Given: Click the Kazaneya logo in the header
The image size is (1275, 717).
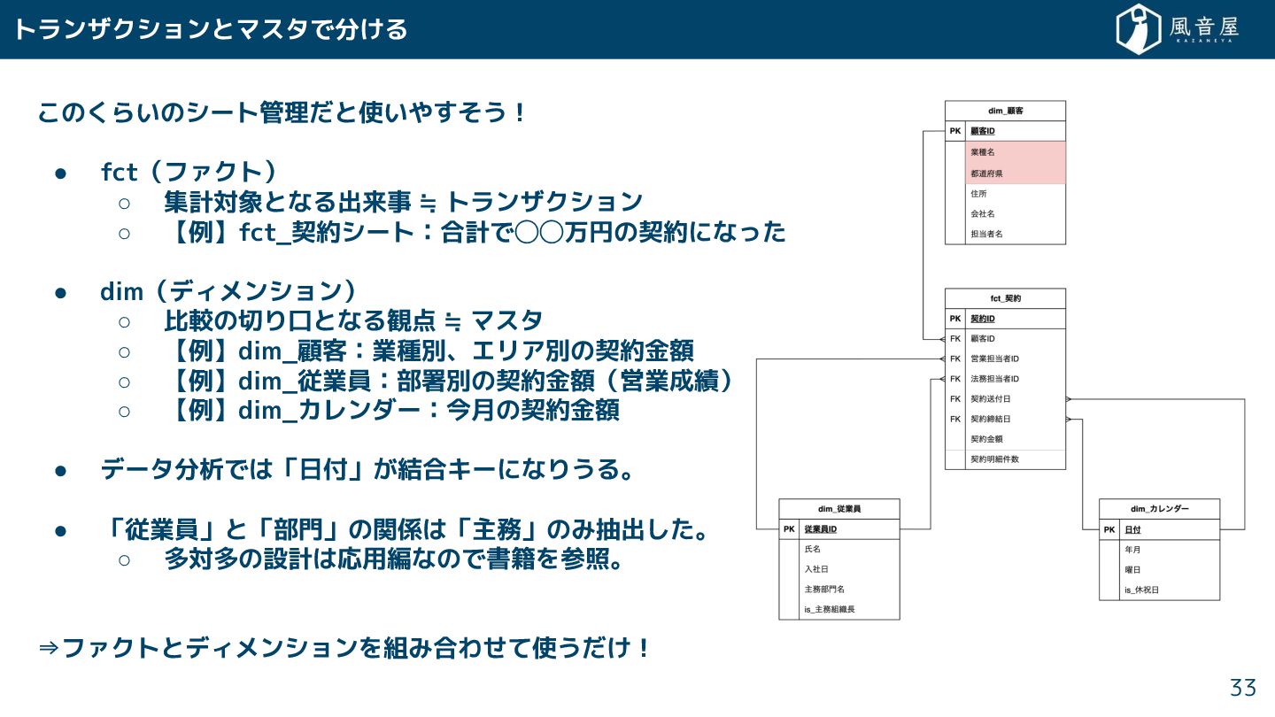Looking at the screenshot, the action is point(1177,29).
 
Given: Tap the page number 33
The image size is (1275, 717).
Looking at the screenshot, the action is point(1242,688).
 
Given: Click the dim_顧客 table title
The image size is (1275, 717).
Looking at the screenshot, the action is point(1005,111).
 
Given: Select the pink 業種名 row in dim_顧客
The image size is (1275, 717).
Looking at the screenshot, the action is point(983,152).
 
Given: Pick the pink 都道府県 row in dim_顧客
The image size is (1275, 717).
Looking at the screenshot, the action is point(985,173).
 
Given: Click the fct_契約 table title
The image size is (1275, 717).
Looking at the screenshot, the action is point(1005,298).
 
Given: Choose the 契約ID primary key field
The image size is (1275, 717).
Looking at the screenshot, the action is point(983,319).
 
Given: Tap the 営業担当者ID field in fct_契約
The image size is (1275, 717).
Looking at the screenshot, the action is point(995,358).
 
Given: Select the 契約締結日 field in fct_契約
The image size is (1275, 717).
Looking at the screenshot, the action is point(990,419).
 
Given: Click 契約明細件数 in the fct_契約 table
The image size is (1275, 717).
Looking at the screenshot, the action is point(994,459).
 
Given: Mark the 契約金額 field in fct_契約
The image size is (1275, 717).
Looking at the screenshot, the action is point(986,439).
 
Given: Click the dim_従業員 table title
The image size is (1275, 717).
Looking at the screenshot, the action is point(838,509).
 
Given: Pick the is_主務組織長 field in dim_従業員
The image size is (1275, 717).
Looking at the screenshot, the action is point(830,609).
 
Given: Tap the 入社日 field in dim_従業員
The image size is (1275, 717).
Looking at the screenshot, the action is point(816,569).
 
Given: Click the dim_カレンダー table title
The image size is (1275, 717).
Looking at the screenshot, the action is point(1159,509).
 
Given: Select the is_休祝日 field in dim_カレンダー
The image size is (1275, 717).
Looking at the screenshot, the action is point(1141,590).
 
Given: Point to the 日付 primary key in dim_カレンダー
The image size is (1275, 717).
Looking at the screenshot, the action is point(1132,529).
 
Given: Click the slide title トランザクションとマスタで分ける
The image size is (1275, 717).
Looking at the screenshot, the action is point(211,29).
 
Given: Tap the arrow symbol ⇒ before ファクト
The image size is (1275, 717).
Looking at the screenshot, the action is point(49,648).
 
